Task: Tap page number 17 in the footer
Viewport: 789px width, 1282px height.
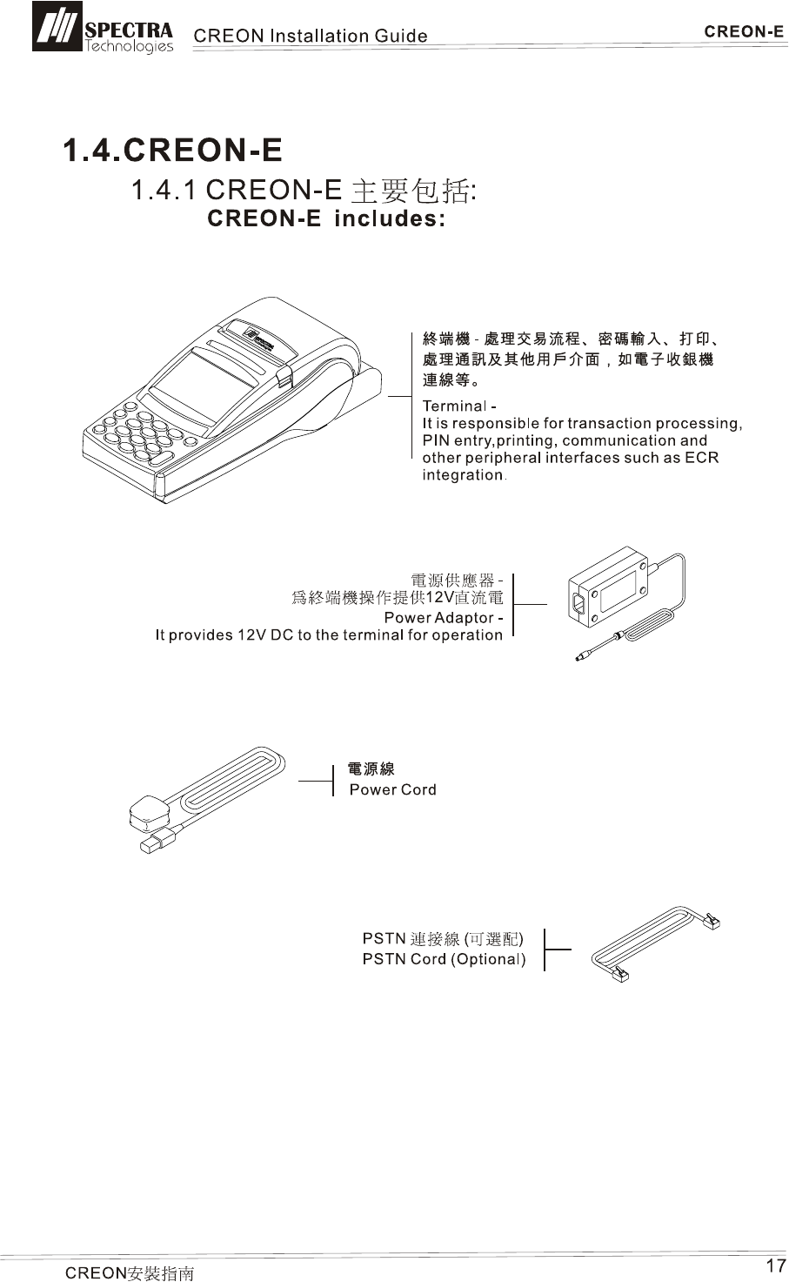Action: pyautogui.click(x=775, y=1265)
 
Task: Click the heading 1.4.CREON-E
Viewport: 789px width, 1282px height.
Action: pyautogui.click(x=172, y=151)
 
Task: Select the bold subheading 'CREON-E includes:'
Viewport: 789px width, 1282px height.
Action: pyautogui.click(x=327, y=218)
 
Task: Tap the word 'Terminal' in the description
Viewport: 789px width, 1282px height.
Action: pyautogui.click(x=453, y=406)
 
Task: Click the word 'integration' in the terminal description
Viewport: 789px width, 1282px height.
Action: pyautogui.click(x=463, y=475)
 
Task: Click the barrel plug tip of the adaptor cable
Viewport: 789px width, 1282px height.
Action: pyautogui.click(x=579, y=657)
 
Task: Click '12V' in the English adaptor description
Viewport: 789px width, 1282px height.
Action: pyautogui.click(x=244, y=635)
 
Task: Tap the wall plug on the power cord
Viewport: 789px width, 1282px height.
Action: pyautogui.click(x=145, y=814)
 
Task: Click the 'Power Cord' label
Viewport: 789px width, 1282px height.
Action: pyautogui.click(x=392, y=790)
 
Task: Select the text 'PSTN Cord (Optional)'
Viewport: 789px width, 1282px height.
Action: pyautogui.click(x=444, y=959)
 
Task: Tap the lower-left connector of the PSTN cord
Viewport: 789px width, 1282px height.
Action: pyautogui.click(x=620, y=973)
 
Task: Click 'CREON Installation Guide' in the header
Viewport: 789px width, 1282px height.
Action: pyautogui.click(x=310, y=36)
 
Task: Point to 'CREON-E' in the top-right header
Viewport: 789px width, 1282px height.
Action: pyautogui.click(x=744, y=32)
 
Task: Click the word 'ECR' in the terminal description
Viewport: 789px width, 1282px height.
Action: pyautogui.click(x=702, y=458)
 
